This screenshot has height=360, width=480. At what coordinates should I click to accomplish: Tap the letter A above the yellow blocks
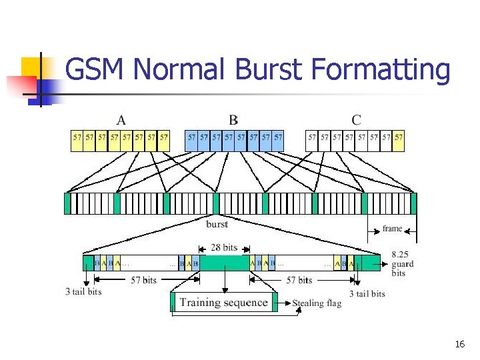121,120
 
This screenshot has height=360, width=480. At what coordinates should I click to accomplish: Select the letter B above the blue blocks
233,120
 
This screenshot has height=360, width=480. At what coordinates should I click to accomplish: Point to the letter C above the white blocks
357,120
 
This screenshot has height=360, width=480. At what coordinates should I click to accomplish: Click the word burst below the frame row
217,224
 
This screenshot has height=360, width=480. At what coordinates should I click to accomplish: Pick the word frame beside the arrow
392,228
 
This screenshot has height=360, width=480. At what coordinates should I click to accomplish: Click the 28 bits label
223,247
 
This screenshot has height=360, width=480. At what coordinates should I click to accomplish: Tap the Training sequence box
223,303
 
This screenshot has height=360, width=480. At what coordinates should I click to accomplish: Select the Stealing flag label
317,303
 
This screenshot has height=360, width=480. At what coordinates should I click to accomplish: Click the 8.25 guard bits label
402,263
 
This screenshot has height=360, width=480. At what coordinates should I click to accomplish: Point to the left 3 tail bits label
83,291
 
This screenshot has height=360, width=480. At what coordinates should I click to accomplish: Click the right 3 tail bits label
367,293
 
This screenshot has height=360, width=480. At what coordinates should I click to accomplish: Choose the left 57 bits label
143,280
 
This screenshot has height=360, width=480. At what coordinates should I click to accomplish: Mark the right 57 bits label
299,280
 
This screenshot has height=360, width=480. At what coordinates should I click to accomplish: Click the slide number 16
459,345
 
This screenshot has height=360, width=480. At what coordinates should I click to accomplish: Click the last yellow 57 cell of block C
399,137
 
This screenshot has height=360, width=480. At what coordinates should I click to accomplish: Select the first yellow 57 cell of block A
77,137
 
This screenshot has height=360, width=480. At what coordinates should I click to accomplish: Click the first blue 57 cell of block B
192,137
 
